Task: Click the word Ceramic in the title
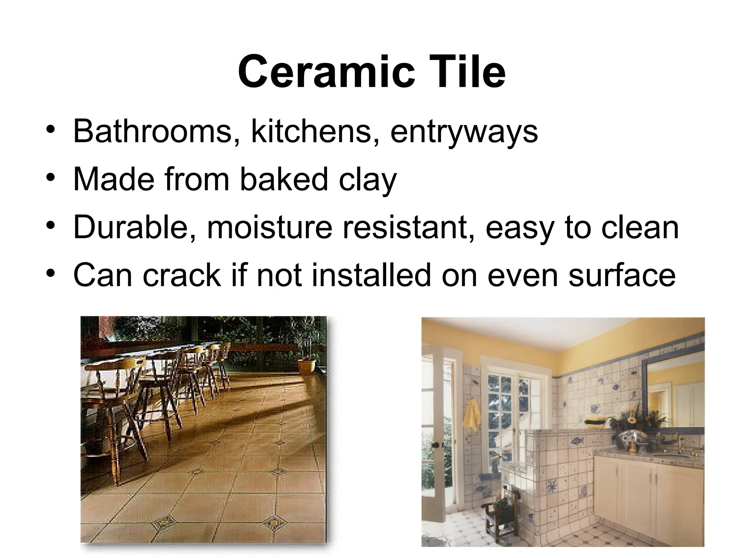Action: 326,72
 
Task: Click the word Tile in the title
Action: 469,72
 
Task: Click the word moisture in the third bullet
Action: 270,228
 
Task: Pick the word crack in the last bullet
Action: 182,275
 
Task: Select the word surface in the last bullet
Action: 622,275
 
